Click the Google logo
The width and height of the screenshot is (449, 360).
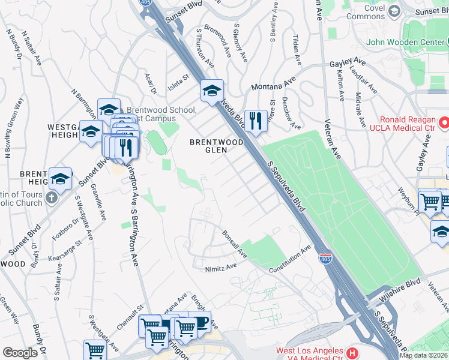click(x=20, y=353)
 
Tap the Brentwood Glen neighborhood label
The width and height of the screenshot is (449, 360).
click(x=217, y=146)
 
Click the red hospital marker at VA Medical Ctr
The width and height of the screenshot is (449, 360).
click(x=352, y=352)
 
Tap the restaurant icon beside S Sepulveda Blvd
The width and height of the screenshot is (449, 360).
click(x=256, y=121)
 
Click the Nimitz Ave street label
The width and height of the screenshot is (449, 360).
click(x=221, y=268)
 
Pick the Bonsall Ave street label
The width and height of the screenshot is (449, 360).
click(x=235, y=245)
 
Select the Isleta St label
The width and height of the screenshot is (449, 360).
click(x=178, y=81)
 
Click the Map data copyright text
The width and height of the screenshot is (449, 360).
click(x=424, y=355)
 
